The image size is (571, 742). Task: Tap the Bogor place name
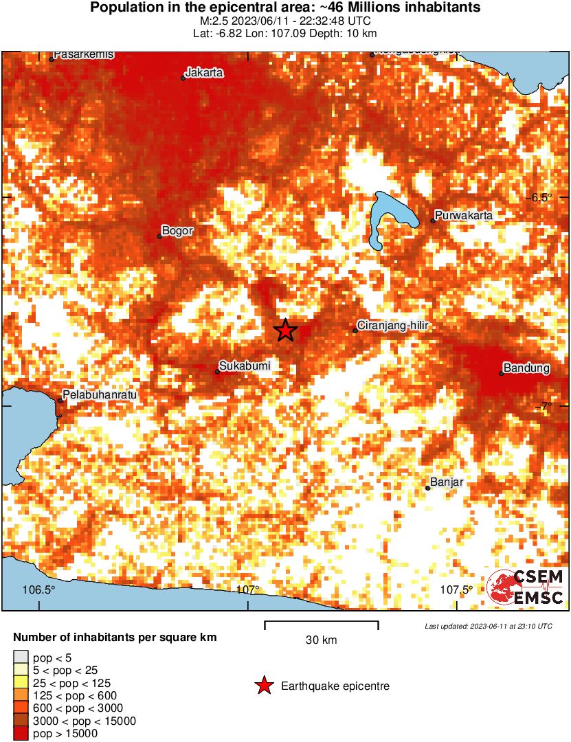tap(177, 231)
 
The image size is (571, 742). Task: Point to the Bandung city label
tap(527, 368)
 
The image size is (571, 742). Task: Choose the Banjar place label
tap(447, 482)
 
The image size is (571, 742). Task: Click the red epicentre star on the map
tap(286, 330)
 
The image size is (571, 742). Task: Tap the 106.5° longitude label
tap(38, 590)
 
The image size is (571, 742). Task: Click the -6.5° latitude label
tap(541, 198)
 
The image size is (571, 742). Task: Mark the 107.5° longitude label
tap(457, 590)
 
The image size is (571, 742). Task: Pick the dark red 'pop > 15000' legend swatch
tap(21, 734)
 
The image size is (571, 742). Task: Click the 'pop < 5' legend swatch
tap(21, 657)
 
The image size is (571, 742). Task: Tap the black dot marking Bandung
tap(501, 374)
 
